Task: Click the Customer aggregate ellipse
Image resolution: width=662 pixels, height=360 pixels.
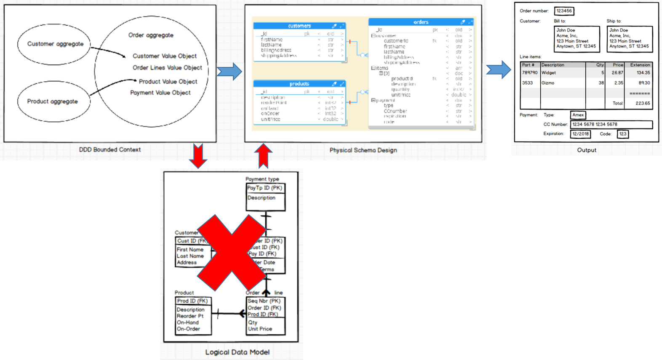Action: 54,44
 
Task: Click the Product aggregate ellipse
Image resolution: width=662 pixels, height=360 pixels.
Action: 53,101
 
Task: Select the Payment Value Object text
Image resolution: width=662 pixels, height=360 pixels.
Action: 160,93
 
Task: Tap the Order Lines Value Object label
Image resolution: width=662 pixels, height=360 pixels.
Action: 167,68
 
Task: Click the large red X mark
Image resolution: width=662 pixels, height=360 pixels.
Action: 232,252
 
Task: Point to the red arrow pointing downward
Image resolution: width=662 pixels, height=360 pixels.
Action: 198,155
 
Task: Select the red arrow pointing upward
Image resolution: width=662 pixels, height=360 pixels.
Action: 263,155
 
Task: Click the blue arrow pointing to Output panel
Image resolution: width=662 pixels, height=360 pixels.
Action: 499,69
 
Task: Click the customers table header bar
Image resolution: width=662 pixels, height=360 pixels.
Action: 299,26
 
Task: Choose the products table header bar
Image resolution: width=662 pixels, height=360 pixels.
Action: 299,84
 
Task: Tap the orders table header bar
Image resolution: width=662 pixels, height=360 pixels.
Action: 421,22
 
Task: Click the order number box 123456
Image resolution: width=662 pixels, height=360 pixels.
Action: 564,11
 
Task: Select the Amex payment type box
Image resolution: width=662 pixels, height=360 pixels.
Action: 578,115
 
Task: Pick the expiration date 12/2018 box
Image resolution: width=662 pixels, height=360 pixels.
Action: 580,134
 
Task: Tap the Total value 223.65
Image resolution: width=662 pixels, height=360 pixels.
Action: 643,103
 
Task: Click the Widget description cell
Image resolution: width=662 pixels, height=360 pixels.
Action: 549,73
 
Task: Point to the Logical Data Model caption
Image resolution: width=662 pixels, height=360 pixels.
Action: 238,352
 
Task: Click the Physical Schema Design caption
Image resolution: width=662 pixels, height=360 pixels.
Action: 363,150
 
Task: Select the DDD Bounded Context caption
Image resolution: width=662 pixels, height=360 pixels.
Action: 110,149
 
